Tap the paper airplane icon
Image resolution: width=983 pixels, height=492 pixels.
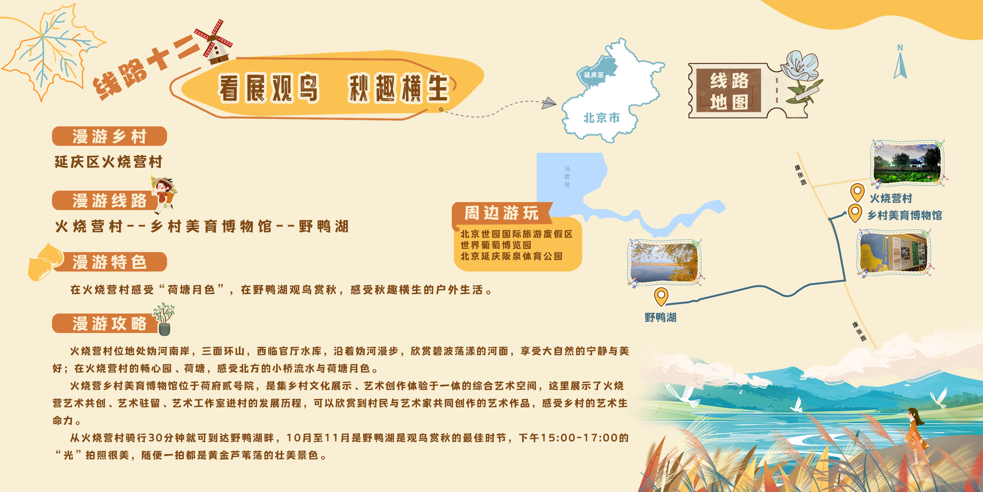(x=549, y=102)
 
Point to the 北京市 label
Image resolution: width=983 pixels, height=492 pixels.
(x=601, y=118)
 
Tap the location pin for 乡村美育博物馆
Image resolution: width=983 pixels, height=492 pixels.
(x=855, y=213)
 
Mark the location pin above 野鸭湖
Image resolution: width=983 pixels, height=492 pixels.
(x=661, y=297)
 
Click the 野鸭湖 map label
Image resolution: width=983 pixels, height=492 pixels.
(x=660, y=317)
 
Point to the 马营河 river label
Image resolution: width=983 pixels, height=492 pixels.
(x=567, y=176)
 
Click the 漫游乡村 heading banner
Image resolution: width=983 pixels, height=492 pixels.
(x=110, y=136)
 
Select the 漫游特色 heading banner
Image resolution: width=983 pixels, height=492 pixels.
(x=110, y=262)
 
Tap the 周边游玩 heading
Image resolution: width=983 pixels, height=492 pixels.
(x=501, y=212)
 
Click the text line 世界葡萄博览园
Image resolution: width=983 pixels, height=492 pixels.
(x=496, y=245)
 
